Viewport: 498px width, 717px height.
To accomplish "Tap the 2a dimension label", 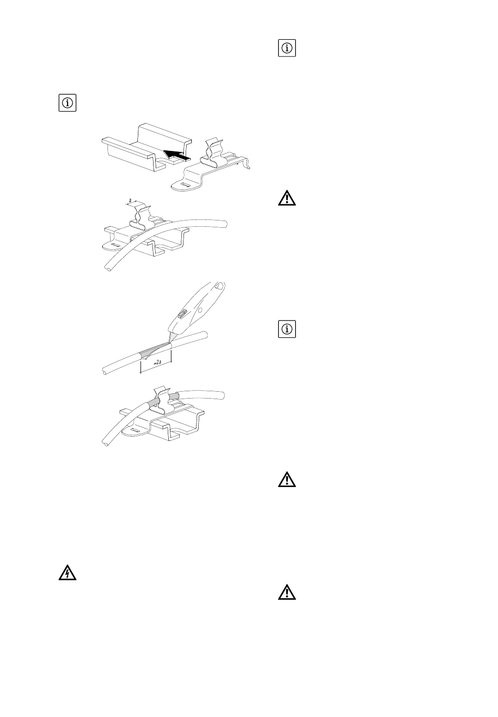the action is (x=156, y=362).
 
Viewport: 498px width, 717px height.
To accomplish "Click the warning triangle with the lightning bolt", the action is (x=67, y=573).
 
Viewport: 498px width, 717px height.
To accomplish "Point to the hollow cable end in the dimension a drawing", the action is (x=107, y=268).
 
